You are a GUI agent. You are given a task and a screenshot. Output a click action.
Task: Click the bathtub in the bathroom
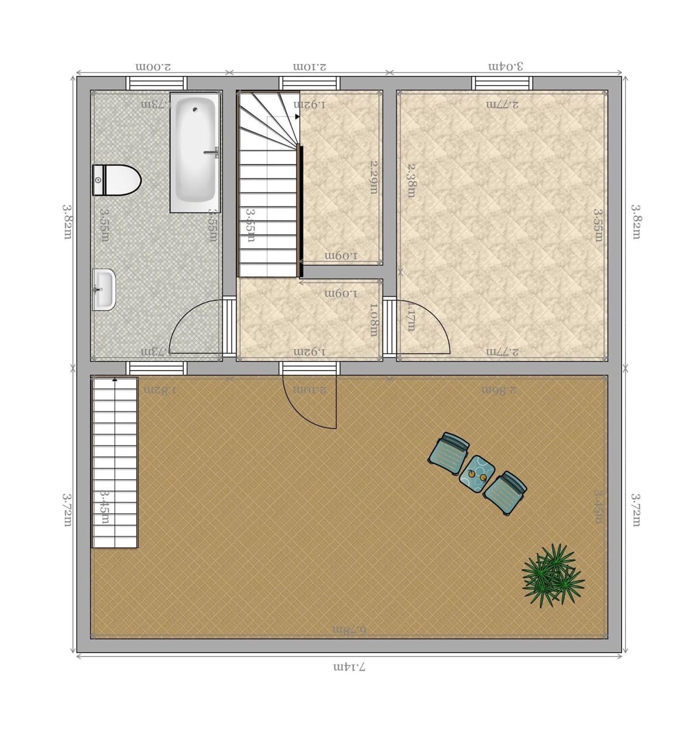coord(195,152)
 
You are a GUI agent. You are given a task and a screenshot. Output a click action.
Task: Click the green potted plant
coord(552,575)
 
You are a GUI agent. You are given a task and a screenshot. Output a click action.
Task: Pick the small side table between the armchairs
coord(476,472)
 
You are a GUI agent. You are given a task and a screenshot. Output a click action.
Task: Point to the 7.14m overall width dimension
coord(349,667)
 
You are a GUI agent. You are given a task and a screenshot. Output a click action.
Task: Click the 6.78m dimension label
coord(349,629)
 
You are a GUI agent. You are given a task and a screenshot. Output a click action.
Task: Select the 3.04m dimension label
coord(506,66)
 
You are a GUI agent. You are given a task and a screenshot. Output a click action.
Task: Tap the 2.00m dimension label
coord(153,66)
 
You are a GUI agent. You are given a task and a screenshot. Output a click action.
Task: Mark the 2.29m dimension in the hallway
coord(375,177)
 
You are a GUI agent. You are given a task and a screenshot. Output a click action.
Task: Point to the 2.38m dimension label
coord(412,180)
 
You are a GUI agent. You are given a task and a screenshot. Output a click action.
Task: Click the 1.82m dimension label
coord(159,389)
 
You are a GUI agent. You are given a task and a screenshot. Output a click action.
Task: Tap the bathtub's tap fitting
coord(212,152)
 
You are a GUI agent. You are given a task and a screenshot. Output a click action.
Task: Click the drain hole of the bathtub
coord(195,110)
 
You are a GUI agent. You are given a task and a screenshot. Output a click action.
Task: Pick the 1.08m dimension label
coord(373,320)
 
